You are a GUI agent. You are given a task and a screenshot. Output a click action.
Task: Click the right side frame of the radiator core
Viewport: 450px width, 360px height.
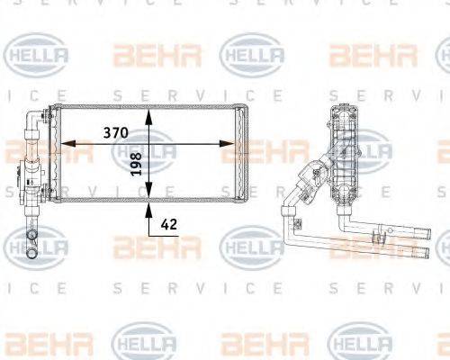click(242, 153)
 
